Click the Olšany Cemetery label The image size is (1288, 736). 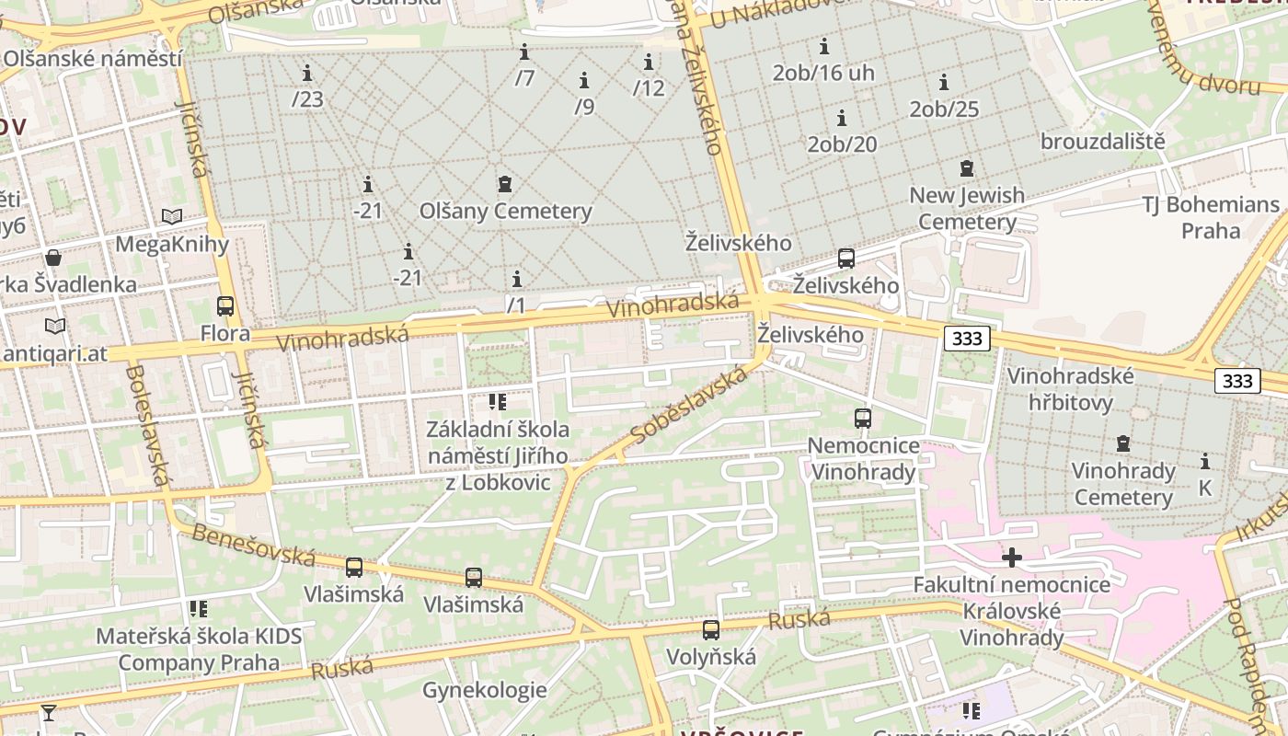505,211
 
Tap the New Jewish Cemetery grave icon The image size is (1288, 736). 966,168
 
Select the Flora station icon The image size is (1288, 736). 225,306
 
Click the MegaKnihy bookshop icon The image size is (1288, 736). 172,216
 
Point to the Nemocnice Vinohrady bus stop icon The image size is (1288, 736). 862,419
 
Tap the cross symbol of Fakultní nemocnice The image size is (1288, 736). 1011,558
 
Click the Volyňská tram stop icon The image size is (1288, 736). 710,630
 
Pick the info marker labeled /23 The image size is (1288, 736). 307,73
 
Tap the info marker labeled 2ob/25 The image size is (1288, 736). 943,83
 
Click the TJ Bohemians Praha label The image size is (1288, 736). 1211,217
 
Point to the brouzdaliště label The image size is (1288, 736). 1102,142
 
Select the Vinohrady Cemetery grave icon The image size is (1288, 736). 1122,444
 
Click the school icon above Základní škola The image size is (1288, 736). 497,401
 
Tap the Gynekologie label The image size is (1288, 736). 484,690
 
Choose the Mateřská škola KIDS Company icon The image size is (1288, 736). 198,608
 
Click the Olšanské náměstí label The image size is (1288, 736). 92,59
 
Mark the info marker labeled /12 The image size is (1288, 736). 649,63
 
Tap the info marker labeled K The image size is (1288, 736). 1205,461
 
